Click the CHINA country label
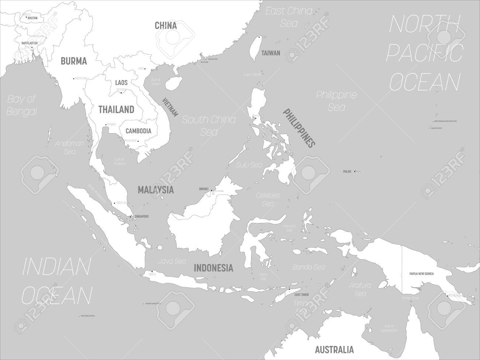[x=165, y=25]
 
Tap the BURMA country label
[x=74, y=61]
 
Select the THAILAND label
[x=116, y=109]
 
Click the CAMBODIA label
[x=138, y=131]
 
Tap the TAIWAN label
[x=271, y=53]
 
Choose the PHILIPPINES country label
[x=299, y=127]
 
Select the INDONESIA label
[x=213, y=268]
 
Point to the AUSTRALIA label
[x=335, y=349]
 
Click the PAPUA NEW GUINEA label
[x=421, y=274]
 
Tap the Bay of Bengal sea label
[x=22, y=105]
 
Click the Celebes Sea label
[x=268, y=199]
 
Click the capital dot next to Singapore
[x=130, y=216]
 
